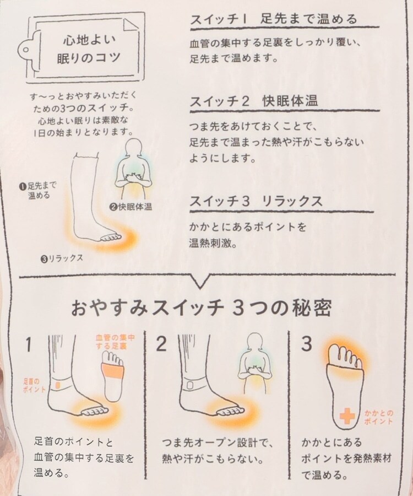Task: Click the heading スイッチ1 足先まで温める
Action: tap(274, 19)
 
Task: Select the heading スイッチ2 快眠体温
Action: tap(254, 101)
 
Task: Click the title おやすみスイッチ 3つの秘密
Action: tap(202, 308)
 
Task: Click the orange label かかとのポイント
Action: tap(378, 417)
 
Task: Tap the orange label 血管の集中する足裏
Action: tap(115, 342)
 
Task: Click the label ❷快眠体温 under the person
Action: tap(131, 207)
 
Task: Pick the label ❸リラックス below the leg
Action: tap(62, 258)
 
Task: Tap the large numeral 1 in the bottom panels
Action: tap(29, 344)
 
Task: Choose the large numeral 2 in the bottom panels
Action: tap(161, 344)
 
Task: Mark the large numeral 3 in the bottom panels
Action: tap(307, 344)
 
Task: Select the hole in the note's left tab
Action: tap(26, 50)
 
